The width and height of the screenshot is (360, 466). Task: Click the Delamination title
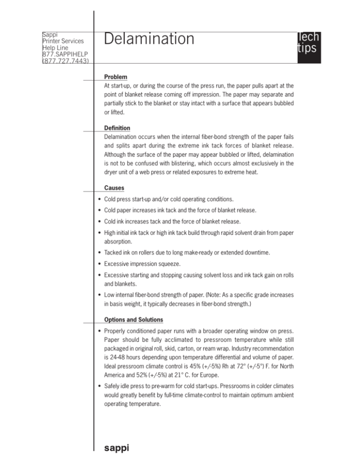coord(149,39)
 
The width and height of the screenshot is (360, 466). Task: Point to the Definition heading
coord(118,128)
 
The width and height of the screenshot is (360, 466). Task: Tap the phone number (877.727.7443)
coord(66,60)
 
